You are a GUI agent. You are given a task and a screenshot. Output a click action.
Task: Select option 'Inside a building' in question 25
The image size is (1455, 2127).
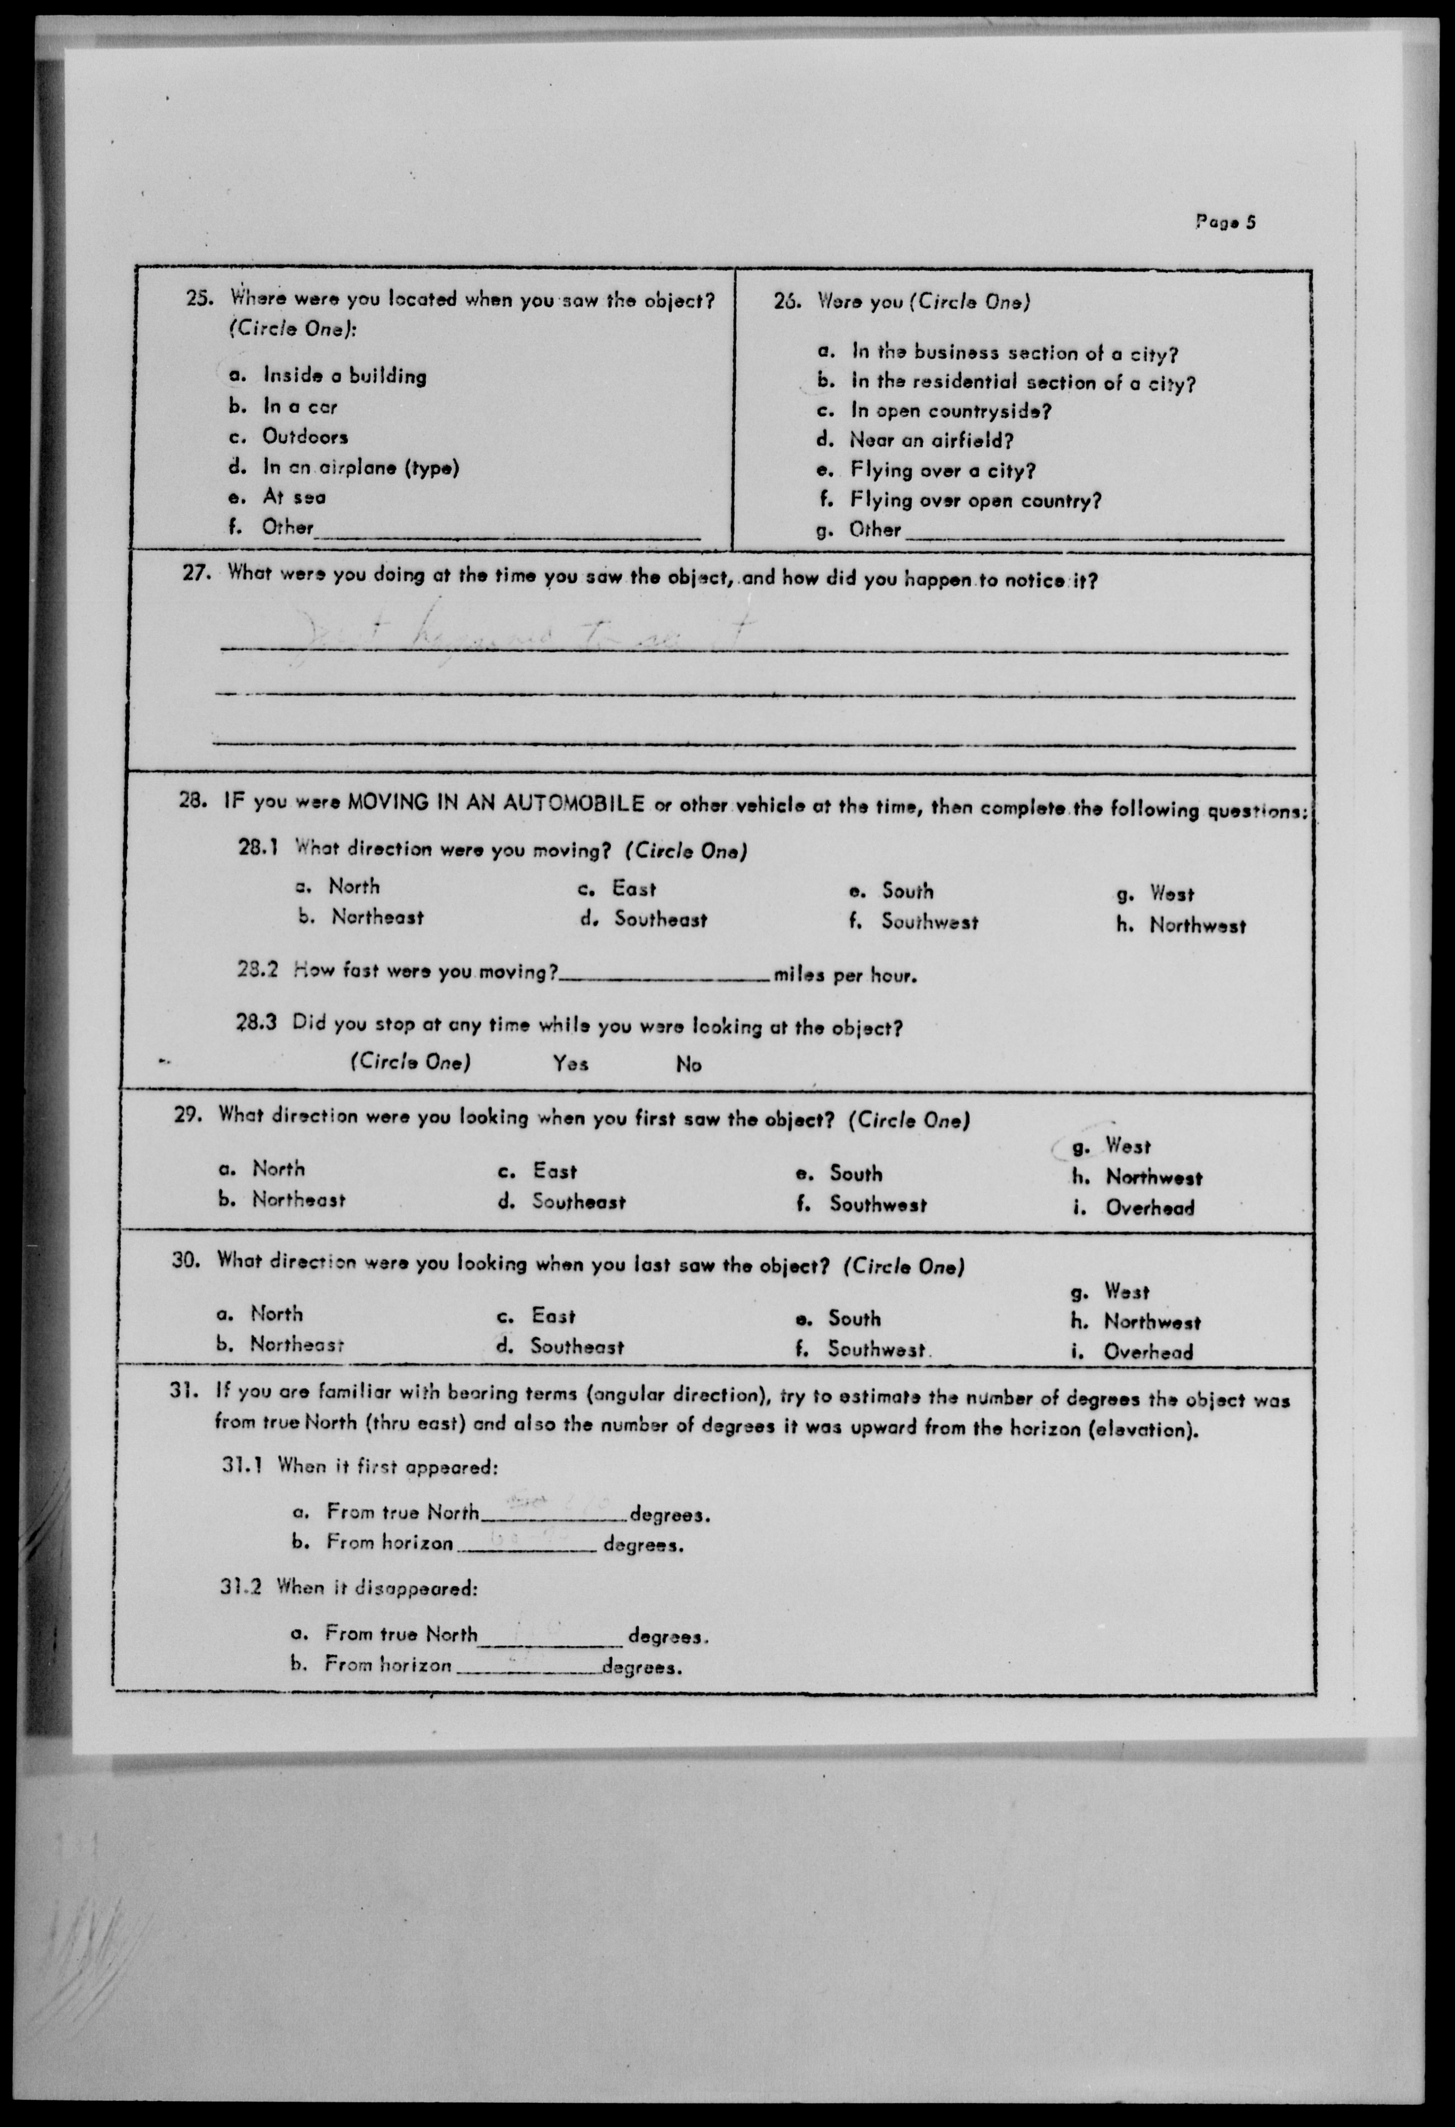(x=344, y=375)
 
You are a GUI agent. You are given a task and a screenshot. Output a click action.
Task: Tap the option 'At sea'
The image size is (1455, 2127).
(x=294, y=497)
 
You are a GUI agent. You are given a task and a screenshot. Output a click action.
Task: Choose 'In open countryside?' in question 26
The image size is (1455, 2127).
(x=951, y=411)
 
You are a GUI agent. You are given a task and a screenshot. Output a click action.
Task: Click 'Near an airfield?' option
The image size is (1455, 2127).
(x=931, y=440)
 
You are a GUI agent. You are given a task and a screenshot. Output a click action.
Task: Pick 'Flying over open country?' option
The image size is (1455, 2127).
(x=975, y=500)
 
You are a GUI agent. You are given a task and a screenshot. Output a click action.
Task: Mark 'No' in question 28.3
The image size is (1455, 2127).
(x=688, y=1064)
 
